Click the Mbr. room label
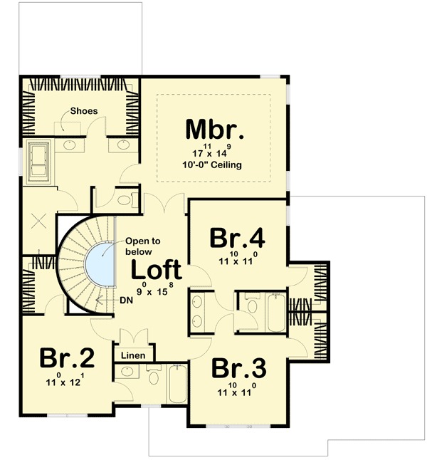(x=215, y=130)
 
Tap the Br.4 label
(x=238, y=238)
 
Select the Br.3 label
(x=238, y=367)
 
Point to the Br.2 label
(x=67, y=357)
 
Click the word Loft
(x=157, y=269)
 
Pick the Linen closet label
(x=133, y=355)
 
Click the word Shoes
(x=84, y=111)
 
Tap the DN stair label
(x=127, y=300)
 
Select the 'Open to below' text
(x=143, y=246)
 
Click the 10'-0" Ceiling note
(x=212, y=164)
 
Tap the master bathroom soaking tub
(x=38, y=162)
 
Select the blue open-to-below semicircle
(x=100, y=263)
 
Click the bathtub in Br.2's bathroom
(x=176, y=384)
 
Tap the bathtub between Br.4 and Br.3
(x=276, y=312)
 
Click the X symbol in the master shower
(x=38, y=221)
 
